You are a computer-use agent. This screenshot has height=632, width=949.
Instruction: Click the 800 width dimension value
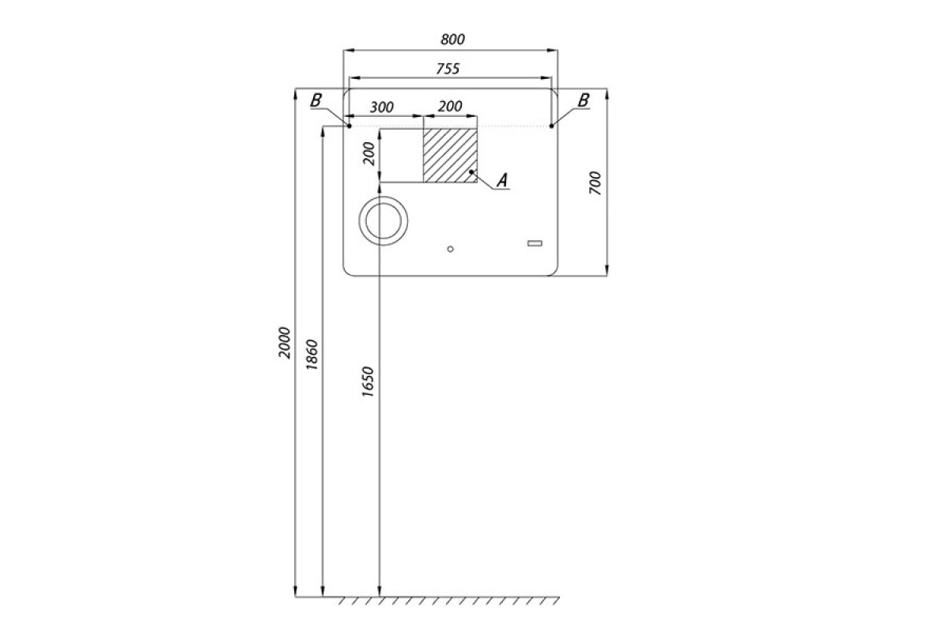tap(452, 39)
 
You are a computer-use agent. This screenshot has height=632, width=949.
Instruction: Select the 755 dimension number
tap(448, 69)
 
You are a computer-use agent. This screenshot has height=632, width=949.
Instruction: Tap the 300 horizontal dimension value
tap(382, 107)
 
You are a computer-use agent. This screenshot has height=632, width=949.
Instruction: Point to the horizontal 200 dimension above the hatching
tap(450, 106)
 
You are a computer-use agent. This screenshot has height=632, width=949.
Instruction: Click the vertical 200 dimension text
tap(369, 154)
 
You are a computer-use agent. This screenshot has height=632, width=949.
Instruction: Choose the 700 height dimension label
tap(595, 182)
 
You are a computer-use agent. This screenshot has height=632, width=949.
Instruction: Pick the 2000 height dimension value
tap(285, 343)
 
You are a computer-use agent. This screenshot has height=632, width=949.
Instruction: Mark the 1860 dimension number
tap(312, 354)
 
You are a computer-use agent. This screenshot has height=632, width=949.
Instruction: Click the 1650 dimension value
tap(368, 382)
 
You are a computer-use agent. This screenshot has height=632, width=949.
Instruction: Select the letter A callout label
tap(502, 180)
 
